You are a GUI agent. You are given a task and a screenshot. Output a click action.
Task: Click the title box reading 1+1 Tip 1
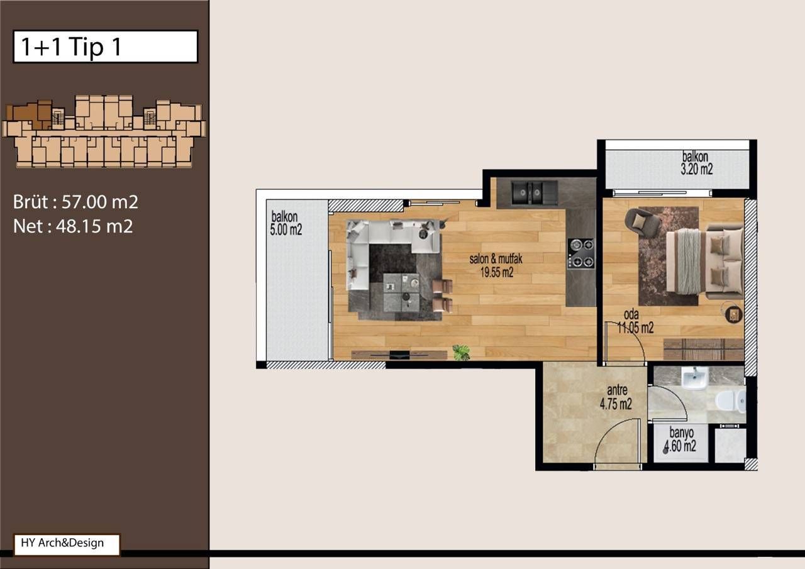point(105,47)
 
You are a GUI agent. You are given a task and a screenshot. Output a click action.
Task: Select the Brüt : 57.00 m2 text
point(75,202)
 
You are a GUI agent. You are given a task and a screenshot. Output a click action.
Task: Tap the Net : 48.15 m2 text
point(73,226)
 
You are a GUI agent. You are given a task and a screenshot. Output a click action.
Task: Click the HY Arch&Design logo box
point(67,544)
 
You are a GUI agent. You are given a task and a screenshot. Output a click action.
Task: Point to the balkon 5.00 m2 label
point(286,223)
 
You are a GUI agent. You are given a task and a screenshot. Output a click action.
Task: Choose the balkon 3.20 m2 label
point(696,163)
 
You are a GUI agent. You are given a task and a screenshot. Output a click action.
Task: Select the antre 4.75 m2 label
point(616,397)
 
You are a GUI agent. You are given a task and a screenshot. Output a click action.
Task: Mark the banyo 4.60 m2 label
point(680,440)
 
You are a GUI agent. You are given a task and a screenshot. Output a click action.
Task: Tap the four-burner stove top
point(580,253)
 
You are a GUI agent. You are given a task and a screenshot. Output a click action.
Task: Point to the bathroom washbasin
point(695,377)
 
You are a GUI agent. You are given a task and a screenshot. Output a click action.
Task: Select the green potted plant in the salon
point(462,352)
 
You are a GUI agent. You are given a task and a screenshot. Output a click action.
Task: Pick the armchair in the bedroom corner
point(640,222)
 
